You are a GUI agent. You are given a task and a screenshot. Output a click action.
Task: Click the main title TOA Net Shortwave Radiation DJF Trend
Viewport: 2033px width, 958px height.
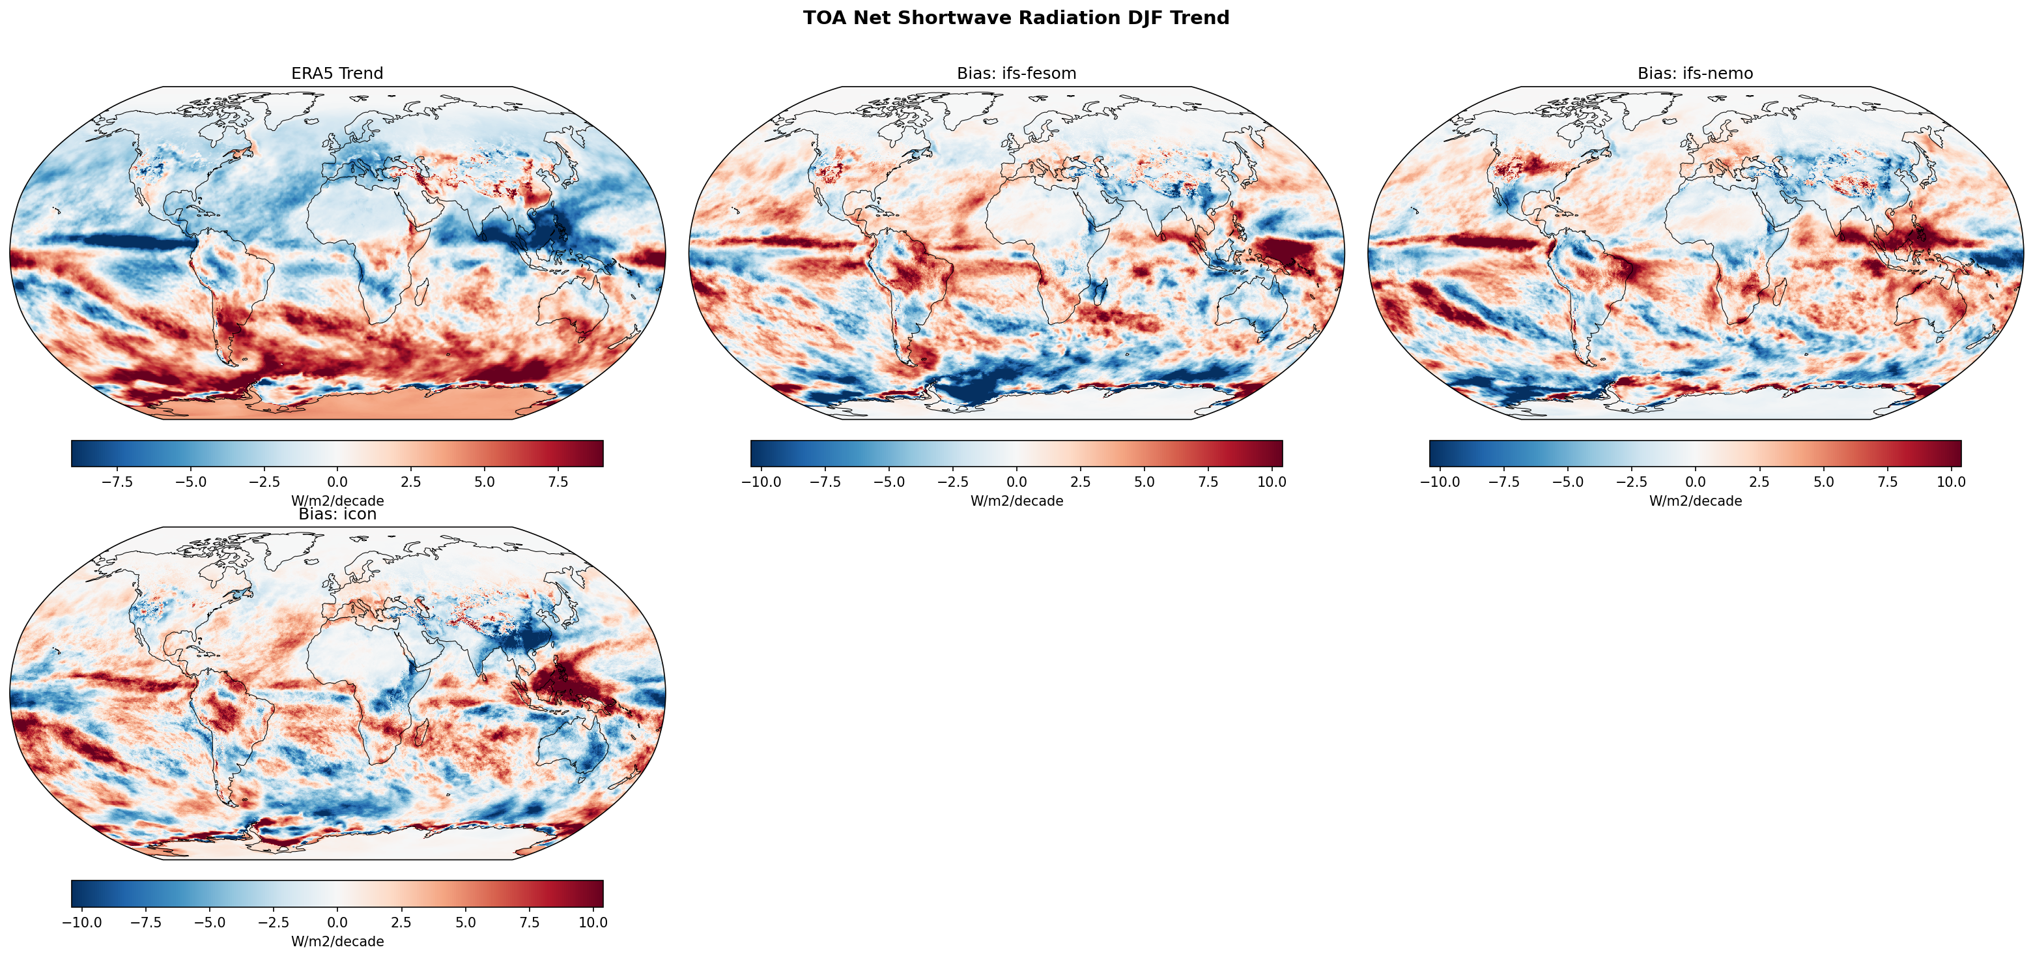(x=1016, y=18)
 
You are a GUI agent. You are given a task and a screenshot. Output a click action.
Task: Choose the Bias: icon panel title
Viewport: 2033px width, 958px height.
(x=337, y=514)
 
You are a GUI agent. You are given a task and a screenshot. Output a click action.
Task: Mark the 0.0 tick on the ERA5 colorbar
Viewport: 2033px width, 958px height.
(x=337, y=482)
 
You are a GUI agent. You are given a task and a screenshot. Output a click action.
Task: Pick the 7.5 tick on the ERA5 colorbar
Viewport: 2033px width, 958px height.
(x=558, y=482)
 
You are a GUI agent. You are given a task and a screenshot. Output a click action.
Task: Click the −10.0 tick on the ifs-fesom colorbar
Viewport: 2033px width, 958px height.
(x=761, y=482)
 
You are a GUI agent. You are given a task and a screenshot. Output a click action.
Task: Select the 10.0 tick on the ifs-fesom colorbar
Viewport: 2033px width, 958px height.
(x=1272, y=482)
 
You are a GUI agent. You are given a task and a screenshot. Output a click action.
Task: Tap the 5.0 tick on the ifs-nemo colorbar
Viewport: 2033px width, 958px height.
(x=1823, y=482)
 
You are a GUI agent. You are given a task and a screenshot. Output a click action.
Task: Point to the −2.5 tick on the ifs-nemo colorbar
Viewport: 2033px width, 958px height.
(x=1631, y=482)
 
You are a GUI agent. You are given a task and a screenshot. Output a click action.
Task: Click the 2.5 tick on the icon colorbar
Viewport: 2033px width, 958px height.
(x=401, y=922)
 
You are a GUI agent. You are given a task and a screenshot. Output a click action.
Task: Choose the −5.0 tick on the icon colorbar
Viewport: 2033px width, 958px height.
(x=210, y=922)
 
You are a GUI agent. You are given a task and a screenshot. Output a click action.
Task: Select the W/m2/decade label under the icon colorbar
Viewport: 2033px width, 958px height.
(x=337, y=942)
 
